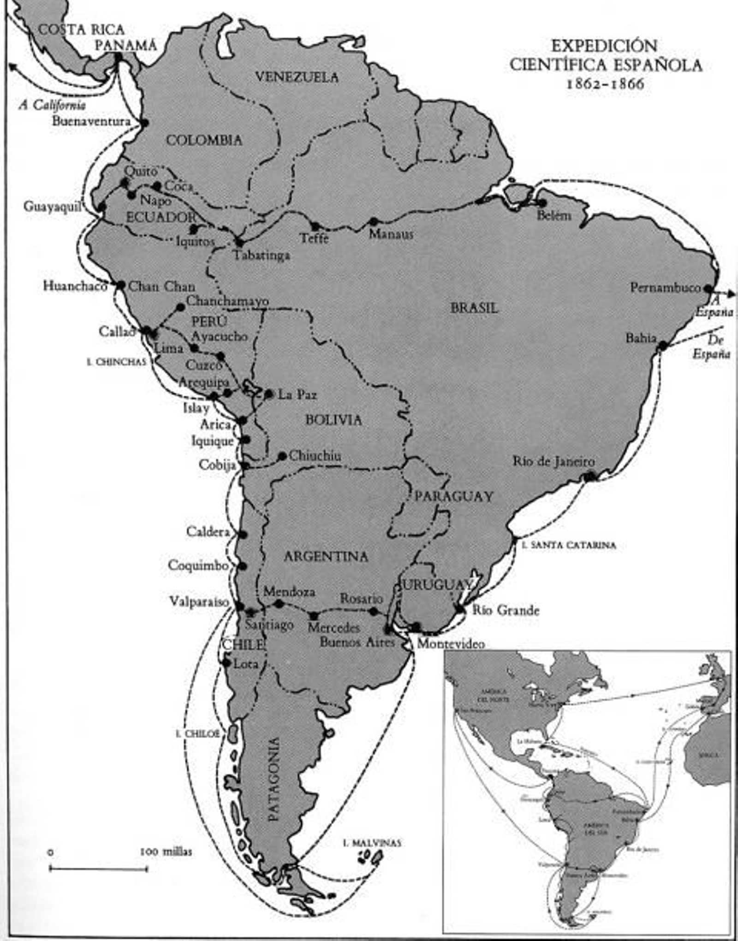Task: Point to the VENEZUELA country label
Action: (x=297, y=77)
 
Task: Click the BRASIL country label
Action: (x=474, y=308)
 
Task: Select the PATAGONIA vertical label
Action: (x=274, y=780)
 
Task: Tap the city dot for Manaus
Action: (x=374, y=222)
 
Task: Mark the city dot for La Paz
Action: (x=269, y=394)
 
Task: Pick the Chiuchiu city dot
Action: (x=282, y=456)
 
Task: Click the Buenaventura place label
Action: (x=91, y=121)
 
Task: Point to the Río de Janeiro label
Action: (x=553, y=461)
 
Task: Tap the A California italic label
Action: (x=52, y=105)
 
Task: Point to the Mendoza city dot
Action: (x=279, y=604)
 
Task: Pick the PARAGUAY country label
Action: (x=454, y=496)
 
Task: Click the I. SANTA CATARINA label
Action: (x=569, y=545)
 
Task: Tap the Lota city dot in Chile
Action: (x=226, y=663)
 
